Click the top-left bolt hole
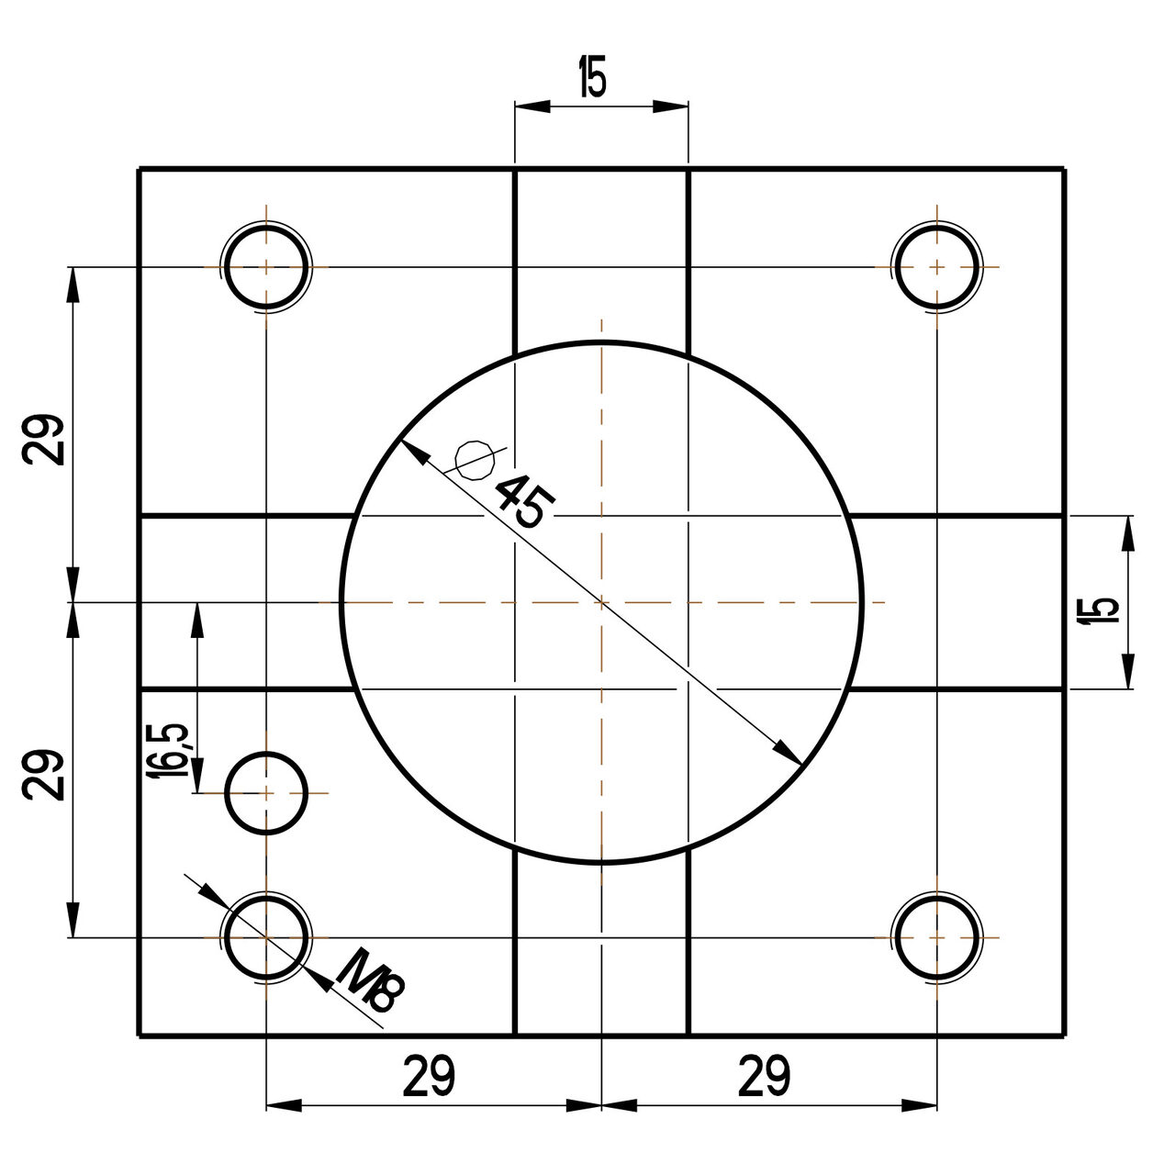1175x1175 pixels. (x=266, y=267)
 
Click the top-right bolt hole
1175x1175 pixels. (x=935, y=267)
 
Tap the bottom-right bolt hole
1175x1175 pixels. (x=935, y=937)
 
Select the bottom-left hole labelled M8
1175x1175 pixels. (x=266, y=937)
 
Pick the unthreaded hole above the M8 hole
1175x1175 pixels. (x=266, y=792)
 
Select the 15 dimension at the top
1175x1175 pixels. (x=592, y=79)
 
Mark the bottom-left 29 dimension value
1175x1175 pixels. (x=429, y=1076)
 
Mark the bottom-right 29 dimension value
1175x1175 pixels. (x=764, y=1076)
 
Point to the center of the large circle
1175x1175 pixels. (x=601, y=602)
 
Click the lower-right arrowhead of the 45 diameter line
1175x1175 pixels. (x=789, y=753)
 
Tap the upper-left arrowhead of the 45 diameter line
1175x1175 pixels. (x=413, y=452)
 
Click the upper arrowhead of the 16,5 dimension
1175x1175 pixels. (x=196, y=615)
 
